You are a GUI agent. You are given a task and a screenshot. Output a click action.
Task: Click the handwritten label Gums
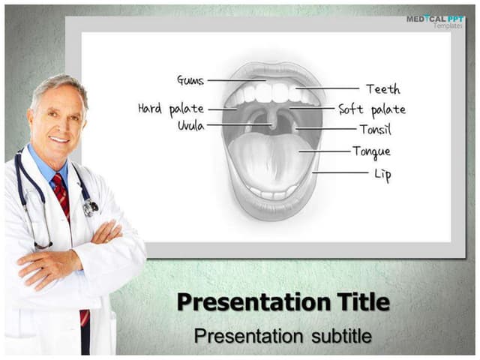click(x=190, y=79)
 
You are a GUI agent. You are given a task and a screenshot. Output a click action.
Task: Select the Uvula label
click(x=190, y=125)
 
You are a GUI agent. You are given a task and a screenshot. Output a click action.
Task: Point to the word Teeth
click(x=382, y=89)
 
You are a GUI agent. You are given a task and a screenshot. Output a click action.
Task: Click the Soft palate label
click(x=372, y=109)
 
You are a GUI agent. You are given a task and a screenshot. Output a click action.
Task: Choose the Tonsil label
click(x=375, y=130)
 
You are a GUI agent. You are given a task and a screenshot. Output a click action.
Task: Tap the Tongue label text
click(x=371, y=151)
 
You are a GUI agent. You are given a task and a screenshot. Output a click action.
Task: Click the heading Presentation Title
click(x=283, y=302)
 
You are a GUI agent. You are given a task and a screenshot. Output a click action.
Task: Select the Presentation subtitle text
click(x=283, y=336)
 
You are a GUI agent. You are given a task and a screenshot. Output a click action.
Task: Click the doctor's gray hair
click(x=56, y=85)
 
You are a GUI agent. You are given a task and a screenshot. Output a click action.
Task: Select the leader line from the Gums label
click(x=235, y=80)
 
